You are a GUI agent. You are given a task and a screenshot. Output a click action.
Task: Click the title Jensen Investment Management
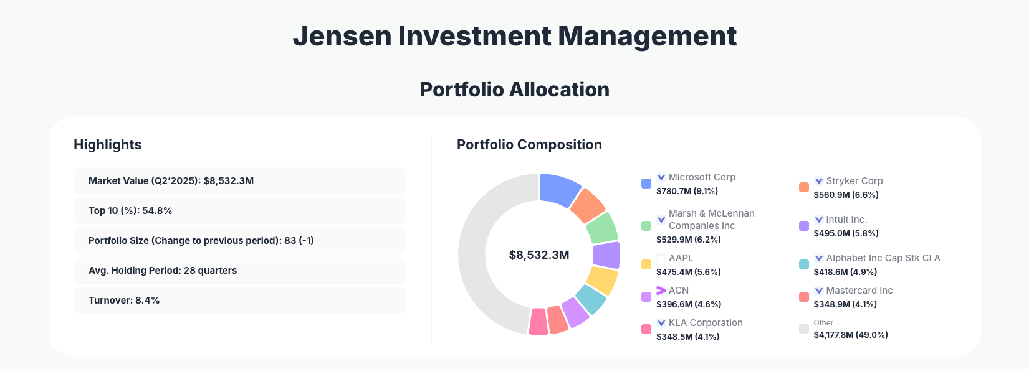[514, 36]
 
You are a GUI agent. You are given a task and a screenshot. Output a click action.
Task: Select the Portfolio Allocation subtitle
[514, 90]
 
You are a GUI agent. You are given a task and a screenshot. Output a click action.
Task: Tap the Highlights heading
[108, 145]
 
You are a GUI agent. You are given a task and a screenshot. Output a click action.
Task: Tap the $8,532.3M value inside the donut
[539, 255]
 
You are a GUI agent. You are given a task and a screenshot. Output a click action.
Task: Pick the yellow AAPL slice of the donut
[603, 280]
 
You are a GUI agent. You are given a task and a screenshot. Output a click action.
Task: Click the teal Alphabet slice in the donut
[591, 299]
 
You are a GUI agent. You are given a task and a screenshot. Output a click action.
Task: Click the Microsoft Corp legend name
[702, 177]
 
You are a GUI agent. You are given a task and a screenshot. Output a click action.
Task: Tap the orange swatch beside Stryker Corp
[804, 187]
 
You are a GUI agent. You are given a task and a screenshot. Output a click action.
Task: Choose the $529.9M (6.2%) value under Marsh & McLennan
[689, 240]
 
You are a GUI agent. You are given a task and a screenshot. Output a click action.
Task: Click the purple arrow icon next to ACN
[661, 291]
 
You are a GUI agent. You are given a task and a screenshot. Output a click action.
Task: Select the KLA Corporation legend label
[706, 323]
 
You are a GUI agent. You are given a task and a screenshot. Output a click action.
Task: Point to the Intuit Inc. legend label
[846, 220]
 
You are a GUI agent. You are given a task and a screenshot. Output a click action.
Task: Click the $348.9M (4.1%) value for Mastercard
[845, 304]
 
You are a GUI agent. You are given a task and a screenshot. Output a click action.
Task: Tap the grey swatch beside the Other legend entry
[804, 329]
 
